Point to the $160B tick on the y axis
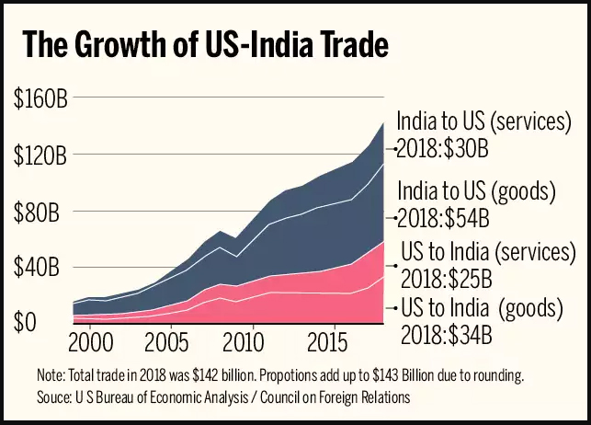coord(40,98)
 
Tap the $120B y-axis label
coord(40,155)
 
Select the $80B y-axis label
coord(40,212)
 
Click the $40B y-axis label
coord(40,268)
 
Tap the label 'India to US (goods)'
coord(477,191)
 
